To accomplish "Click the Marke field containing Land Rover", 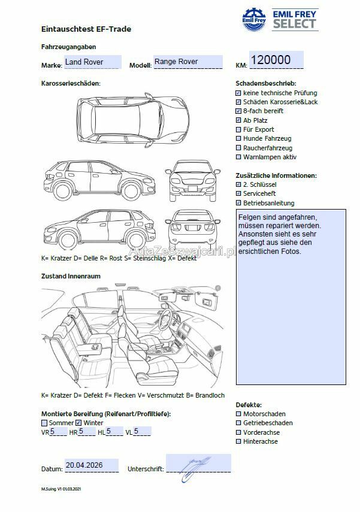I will (x=92, y=62).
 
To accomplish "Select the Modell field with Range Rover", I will (x=187, y=62).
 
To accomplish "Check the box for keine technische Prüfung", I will (x=238, y=93).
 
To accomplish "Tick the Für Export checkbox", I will (x=238, y=129).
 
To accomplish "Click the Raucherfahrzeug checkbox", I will (x=238, y=148).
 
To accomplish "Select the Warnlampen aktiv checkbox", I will (x=238, y=157).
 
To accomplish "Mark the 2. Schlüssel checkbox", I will (x=238, y=185).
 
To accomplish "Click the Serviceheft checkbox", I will (x=238, y=194).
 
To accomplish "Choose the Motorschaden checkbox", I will (x=238, y=414).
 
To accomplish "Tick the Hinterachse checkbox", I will (x=238, y=441).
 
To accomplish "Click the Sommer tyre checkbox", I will (x=44, y=423).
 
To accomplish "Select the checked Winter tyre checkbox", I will (x=78, y=423).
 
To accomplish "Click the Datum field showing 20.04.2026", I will (x=91, y=465).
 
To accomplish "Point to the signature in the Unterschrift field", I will (x=196, y=464).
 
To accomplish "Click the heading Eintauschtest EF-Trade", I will (x=86, y=29).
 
